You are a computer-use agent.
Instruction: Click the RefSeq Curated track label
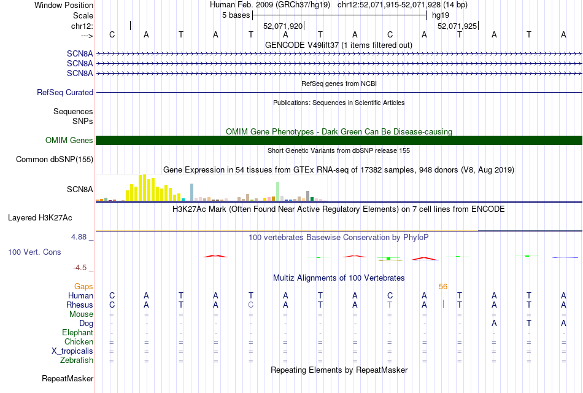pos(65,93)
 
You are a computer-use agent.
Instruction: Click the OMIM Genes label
pos(69,141)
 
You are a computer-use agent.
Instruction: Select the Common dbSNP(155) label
pos(55,160)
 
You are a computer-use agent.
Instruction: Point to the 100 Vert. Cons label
pos(34,252)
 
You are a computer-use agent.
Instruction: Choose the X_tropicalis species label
pos(72,351)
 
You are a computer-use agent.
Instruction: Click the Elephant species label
pos(77,332)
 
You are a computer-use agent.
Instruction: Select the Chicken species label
pos(79,341)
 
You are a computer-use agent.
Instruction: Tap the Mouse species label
pos(82,314)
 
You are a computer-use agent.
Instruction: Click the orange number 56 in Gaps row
pos(443,286)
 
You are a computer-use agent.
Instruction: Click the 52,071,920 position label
pos(283,26)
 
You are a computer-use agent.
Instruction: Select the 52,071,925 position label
pos(457,26)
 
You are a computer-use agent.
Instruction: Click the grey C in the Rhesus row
pos(250,305)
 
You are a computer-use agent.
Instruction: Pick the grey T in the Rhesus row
pos(390,305)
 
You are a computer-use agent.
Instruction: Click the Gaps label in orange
pos(83,286)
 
